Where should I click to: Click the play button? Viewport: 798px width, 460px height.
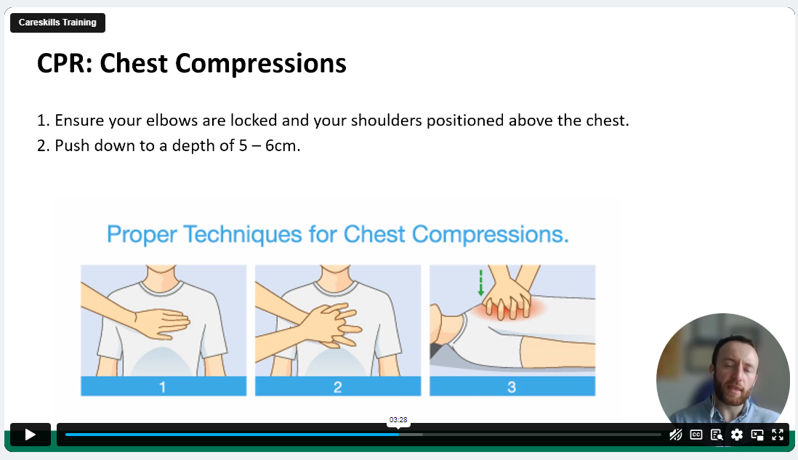[x=30, y=435]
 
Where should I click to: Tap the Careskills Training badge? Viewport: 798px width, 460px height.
[x=57, y=23]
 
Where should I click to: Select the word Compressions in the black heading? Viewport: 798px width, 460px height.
[x=261, y=65]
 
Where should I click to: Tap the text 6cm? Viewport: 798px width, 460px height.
[x=283, y=145]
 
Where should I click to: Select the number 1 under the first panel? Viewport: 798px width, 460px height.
[x=162, y=387]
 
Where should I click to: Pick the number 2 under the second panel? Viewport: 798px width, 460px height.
[x=337, y=387]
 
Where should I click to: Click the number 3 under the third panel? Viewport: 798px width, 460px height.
[x=512, y=387]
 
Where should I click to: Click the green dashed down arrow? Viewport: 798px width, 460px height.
[x=480, y=283]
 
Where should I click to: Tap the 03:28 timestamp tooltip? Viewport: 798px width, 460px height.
[x=398, y=420]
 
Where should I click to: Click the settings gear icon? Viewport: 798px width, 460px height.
[x=736, y=435]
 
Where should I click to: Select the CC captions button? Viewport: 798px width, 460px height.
[x=696, y=435]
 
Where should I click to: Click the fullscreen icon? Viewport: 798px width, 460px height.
[x=777, y=435]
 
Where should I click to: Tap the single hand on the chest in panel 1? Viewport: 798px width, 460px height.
[x=162, y=323]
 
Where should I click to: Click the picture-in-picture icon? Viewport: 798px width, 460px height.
[x=757, y=435]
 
